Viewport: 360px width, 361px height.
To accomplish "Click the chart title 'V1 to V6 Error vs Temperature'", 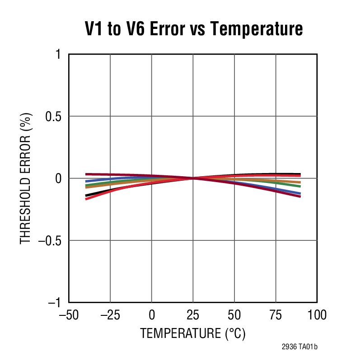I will (x=194, y=29).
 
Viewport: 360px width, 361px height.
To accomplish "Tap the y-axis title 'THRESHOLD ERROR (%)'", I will (x=26, y=178).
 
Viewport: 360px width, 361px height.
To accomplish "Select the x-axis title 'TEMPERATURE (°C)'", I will (x=193, y=334).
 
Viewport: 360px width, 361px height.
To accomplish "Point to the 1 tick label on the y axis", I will (x=57, y=54).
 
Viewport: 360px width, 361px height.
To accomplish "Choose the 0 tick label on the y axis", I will (x=57, y=178).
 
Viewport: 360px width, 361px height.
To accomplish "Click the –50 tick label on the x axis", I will (x=69, y=314).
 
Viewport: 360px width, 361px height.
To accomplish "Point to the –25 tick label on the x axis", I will (x=110, y=314).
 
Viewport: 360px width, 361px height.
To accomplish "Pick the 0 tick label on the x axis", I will (x=152, y=314).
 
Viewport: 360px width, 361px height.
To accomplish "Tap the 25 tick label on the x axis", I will (x=193, y=314).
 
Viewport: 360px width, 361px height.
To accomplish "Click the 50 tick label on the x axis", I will (x=234, y=314).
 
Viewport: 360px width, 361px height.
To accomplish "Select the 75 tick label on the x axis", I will (x=276, y=314).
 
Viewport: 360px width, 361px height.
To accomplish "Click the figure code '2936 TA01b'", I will (x=299, y=347).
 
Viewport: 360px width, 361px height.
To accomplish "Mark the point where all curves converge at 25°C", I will (x=193, y=178).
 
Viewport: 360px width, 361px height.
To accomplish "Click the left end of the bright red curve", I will (x=86, y=199).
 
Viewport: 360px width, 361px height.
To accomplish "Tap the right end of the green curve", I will (x=300, y=186).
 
